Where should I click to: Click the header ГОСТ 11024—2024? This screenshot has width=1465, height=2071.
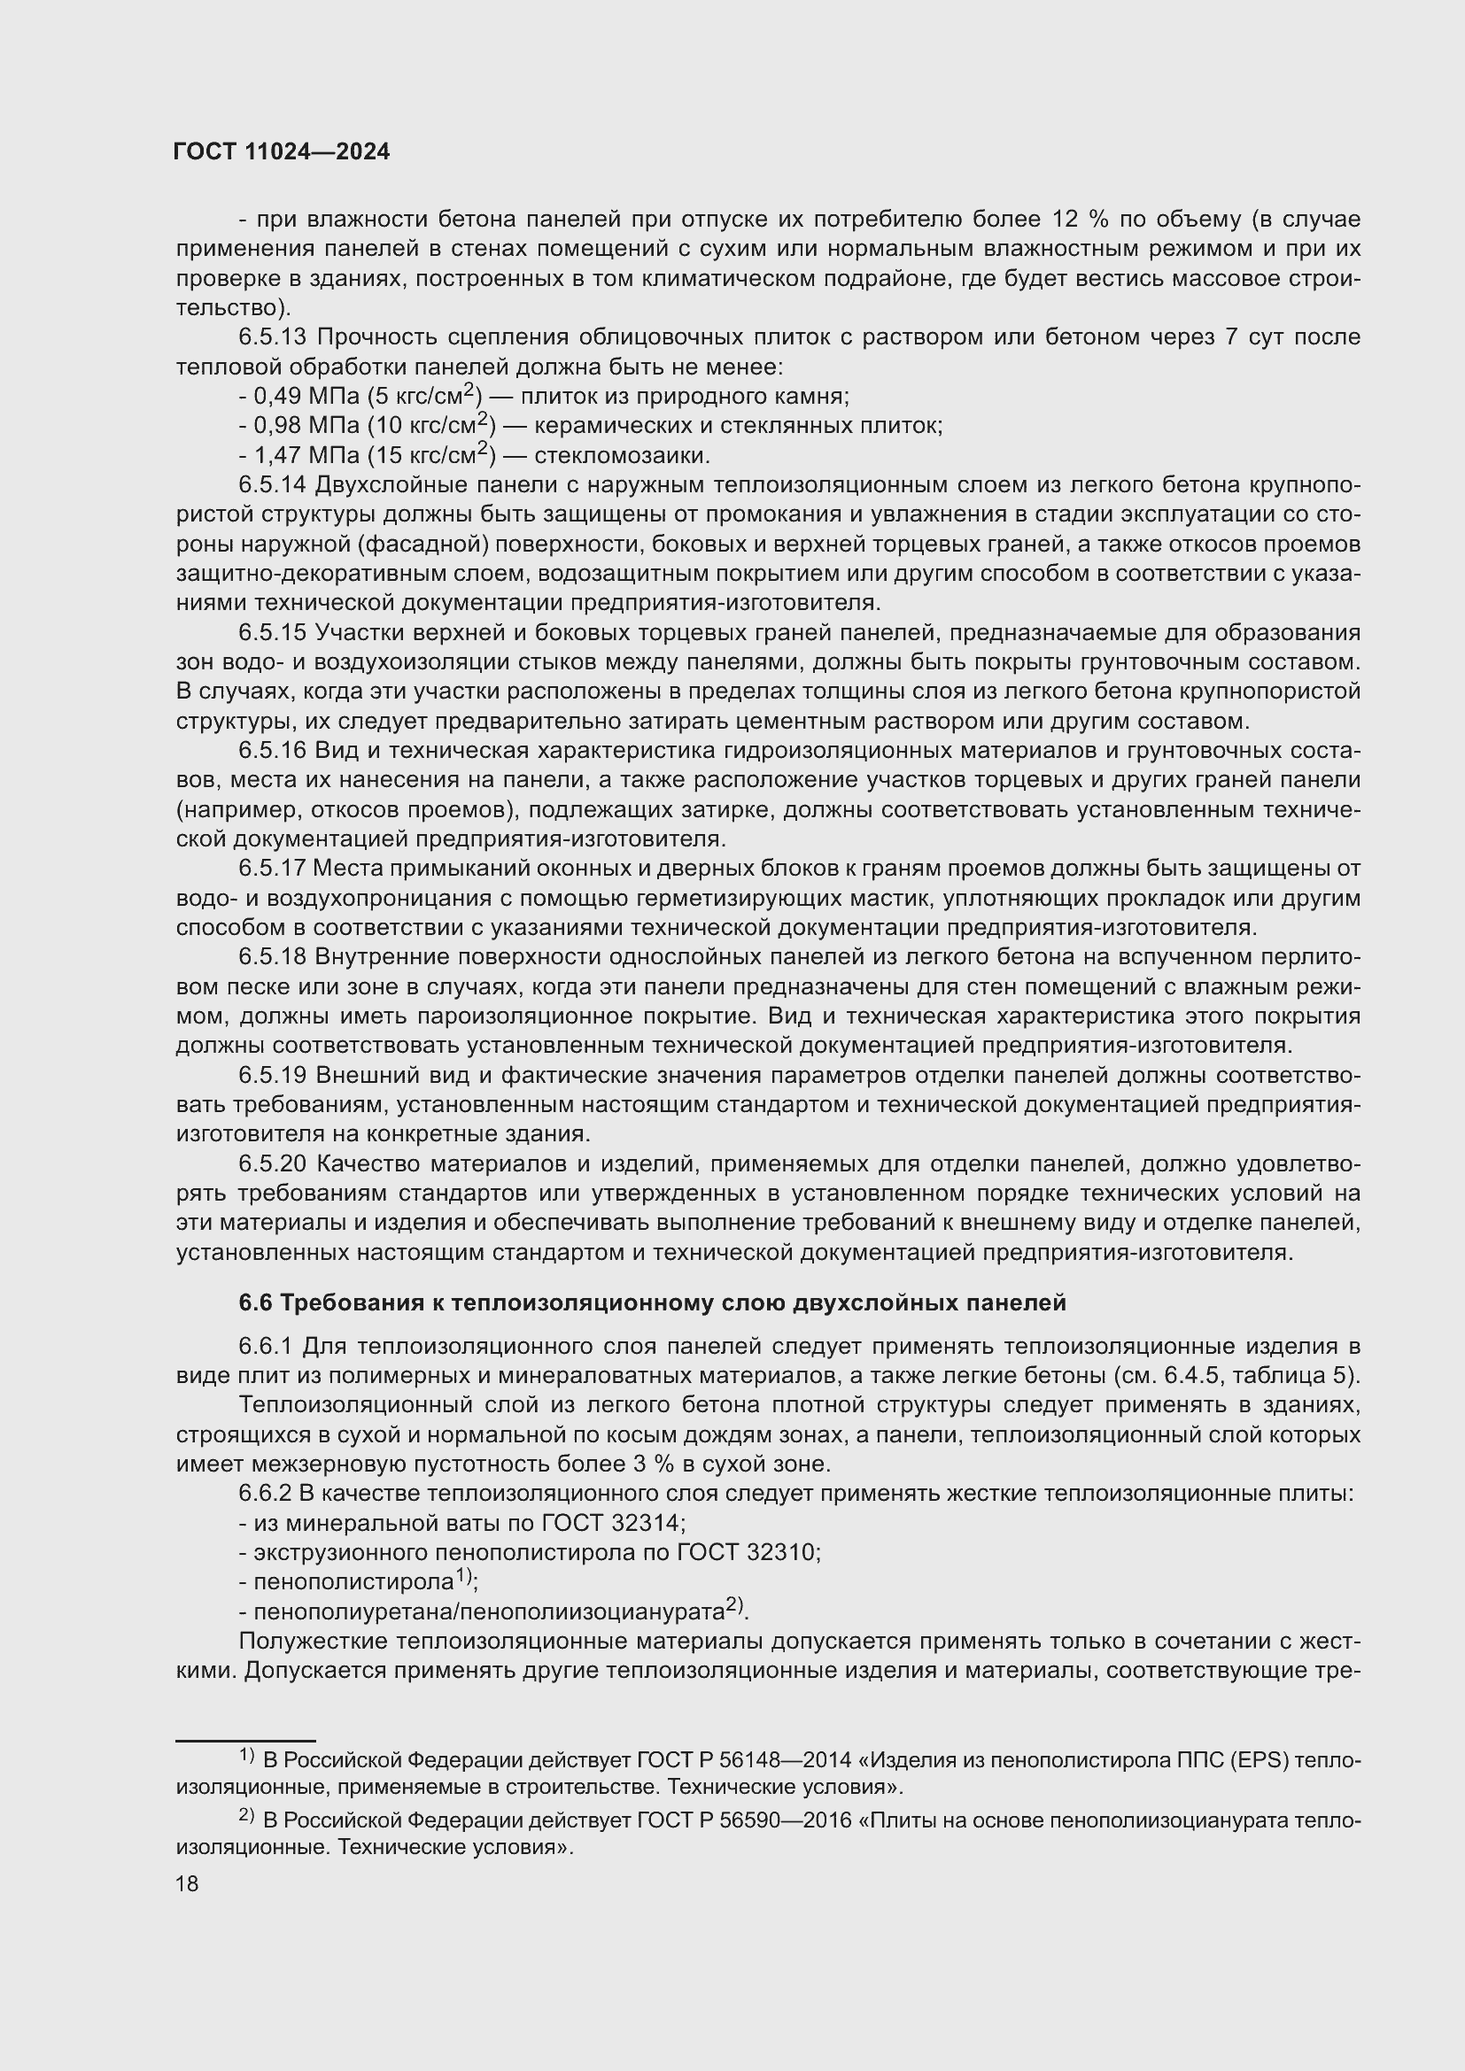[x=282, y=151]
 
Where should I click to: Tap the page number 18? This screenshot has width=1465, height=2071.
[x=187, y=1882]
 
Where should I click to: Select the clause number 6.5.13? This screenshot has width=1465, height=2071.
[x=273, y=337]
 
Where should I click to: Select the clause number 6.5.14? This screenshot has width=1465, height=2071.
[x=273, y=485]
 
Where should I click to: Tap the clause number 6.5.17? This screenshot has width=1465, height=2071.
[x=273, y=869]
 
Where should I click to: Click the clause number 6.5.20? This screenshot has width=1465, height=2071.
[x=273, y=1163]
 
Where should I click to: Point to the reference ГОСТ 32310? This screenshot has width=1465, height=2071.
[x=748, y=1552]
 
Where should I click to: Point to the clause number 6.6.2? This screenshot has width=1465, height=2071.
[x=265, y=1494]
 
